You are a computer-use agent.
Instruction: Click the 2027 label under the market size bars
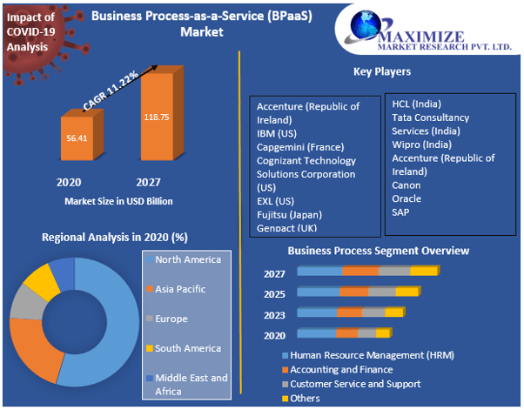[x=148, y=183]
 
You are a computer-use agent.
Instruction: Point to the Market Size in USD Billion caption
[x=118, y=201]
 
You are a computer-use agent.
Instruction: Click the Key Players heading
[x=382, y=71]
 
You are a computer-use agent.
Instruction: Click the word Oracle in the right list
[x=406, y=198]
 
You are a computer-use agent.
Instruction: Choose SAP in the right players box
[x=400, y=212]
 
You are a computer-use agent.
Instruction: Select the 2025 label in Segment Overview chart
[x=274, y=293]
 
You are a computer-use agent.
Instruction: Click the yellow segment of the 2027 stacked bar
[x=423, y=272]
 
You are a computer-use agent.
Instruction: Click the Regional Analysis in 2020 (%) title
[x=115, y=237]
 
